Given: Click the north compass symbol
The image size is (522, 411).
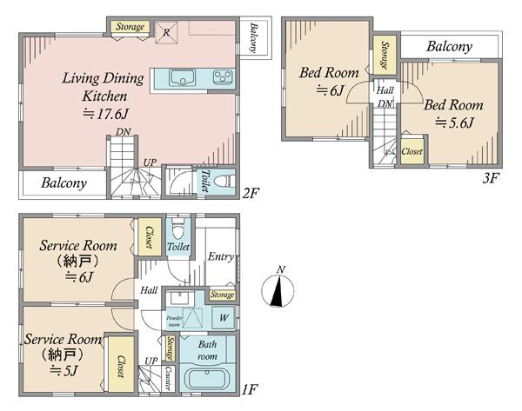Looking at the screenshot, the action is point(278,289).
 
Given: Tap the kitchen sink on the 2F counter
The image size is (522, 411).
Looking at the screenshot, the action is point(182,78).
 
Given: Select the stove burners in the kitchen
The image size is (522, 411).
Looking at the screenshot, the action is point(223,77).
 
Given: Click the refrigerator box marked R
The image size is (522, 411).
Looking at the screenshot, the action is point(166,33).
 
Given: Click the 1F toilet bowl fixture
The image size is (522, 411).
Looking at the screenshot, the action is point(177,228).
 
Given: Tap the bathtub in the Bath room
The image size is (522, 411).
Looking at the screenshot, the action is point(207,379).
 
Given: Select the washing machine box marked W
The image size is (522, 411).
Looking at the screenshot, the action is point(224,317).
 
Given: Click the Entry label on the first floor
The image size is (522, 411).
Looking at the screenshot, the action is point(220,256).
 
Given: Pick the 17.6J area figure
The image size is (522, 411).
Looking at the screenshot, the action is point(105,114).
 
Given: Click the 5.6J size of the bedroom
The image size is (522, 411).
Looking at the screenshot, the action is point(454,123).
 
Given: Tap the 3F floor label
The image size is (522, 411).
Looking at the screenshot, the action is point(491,178).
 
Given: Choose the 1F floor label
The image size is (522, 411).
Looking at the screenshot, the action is point(250,389).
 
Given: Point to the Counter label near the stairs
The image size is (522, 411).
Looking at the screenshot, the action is point(169,378).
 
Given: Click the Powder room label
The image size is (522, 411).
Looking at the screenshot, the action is point(174,321).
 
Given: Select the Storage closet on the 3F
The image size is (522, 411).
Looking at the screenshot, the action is point(385,55).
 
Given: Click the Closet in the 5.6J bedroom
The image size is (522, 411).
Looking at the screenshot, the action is point(412,151).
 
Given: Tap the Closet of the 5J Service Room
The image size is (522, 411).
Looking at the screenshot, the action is point(121,365).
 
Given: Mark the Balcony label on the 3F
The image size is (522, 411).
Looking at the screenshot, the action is point(450,47).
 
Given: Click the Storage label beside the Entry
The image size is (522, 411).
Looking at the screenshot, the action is point(222,295).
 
